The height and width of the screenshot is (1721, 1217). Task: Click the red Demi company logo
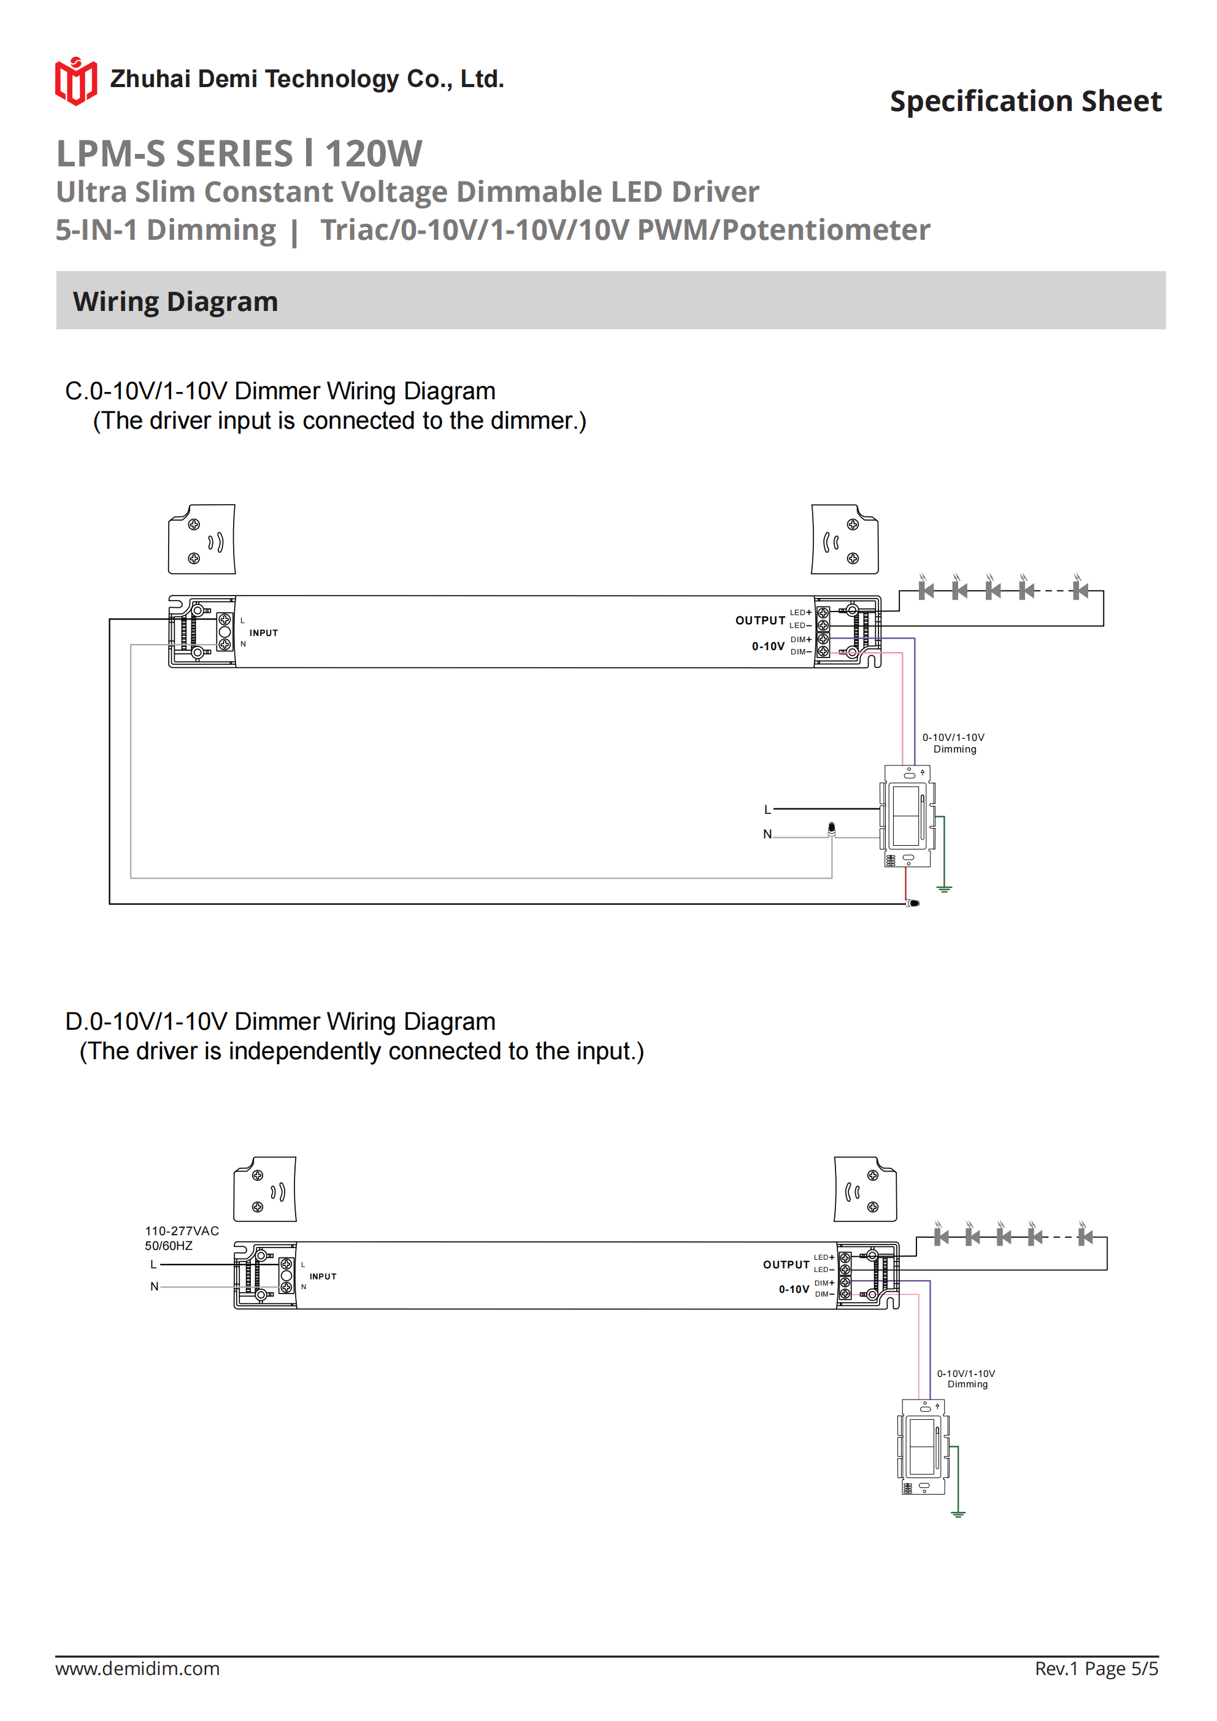coord(75,81)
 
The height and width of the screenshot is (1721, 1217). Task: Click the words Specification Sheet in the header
coord(1025,101)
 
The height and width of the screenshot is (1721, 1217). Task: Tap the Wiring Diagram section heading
coord(175,301)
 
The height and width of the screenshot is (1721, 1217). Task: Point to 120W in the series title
coord(374,154)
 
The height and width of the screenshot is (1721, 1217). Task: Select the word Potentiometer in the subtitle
coord(826,230)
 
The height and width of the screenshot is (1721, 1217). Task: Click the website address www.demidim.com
coord(137,1668)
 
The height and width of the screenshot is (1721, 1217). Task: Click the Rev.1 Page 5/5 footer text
coord(1096,1668)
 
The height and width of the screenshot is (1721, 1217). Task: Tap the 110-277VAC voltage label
coord(182,1231)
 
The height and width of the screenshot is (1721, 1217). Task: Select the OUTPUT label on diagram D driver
coord(786,1265)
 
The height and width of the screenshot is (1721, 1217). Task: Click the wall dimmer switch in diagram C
coord(907,816)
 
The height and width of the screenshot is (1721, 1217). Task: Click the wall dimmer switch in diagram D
coord(923,1447)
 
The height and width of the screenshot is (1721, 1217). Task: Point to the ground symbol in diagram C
coord(944,888)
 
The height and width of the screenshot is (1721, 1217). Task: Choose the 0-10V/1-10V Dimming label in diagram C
coord(953,743)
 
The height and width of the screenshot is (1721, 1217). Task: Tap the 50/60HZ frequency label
coord(169,1246)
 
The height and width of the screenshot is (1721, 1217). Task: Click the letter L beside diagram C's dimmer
coord(767,810)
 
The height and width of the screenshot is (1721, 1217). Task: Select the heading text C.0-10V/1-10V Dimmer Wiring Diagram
coord(280,391)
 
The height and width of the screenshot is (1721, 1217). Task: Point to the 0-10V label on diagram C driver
coord(768,646)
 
